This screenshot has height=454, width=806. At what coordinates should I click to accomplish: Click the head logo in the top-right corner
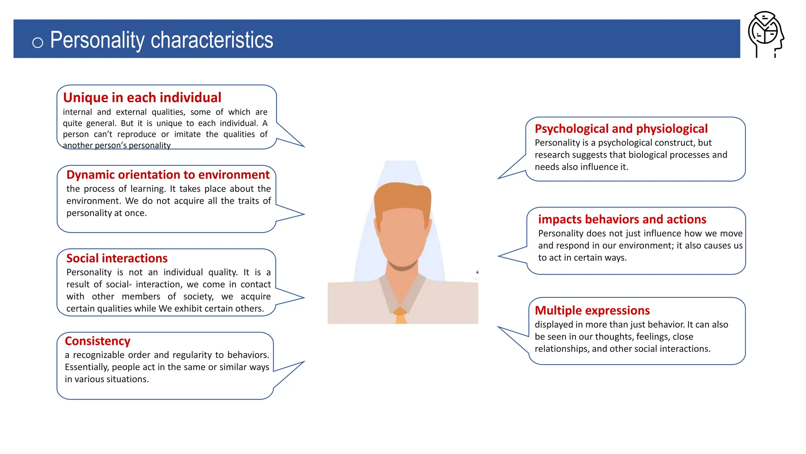pos(766,34)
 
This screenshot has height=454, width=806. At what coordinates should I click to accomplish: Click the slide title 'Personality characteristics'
pos(161,40)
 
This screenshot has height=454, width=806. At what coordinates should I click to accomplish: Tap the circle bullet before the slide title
pos(38,42)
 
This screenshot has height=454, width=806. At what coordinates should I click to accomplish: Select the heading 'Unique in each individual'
pos(142,97)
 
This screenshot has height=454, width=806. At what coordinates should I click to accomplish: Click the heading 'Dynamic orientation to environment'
pos(168,175)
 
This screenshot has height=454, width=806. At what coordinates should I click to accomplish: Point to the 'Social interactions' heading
pos(117,258)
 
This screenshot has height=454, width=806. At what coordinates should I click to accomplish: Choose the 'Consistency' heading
pos(98,341)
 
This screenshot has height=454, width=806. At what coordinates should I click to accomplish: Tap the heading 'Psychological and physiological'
pos(621,128)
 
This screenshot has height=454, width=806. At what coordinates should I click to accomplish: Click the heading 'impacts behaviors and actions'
pos(622,219)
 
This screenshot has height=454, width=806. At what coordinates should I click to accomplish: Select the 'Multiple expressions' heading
pos(592,310)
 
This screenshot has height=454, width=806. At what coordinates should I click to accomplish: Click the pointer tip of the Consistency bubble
pos(304,362)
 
